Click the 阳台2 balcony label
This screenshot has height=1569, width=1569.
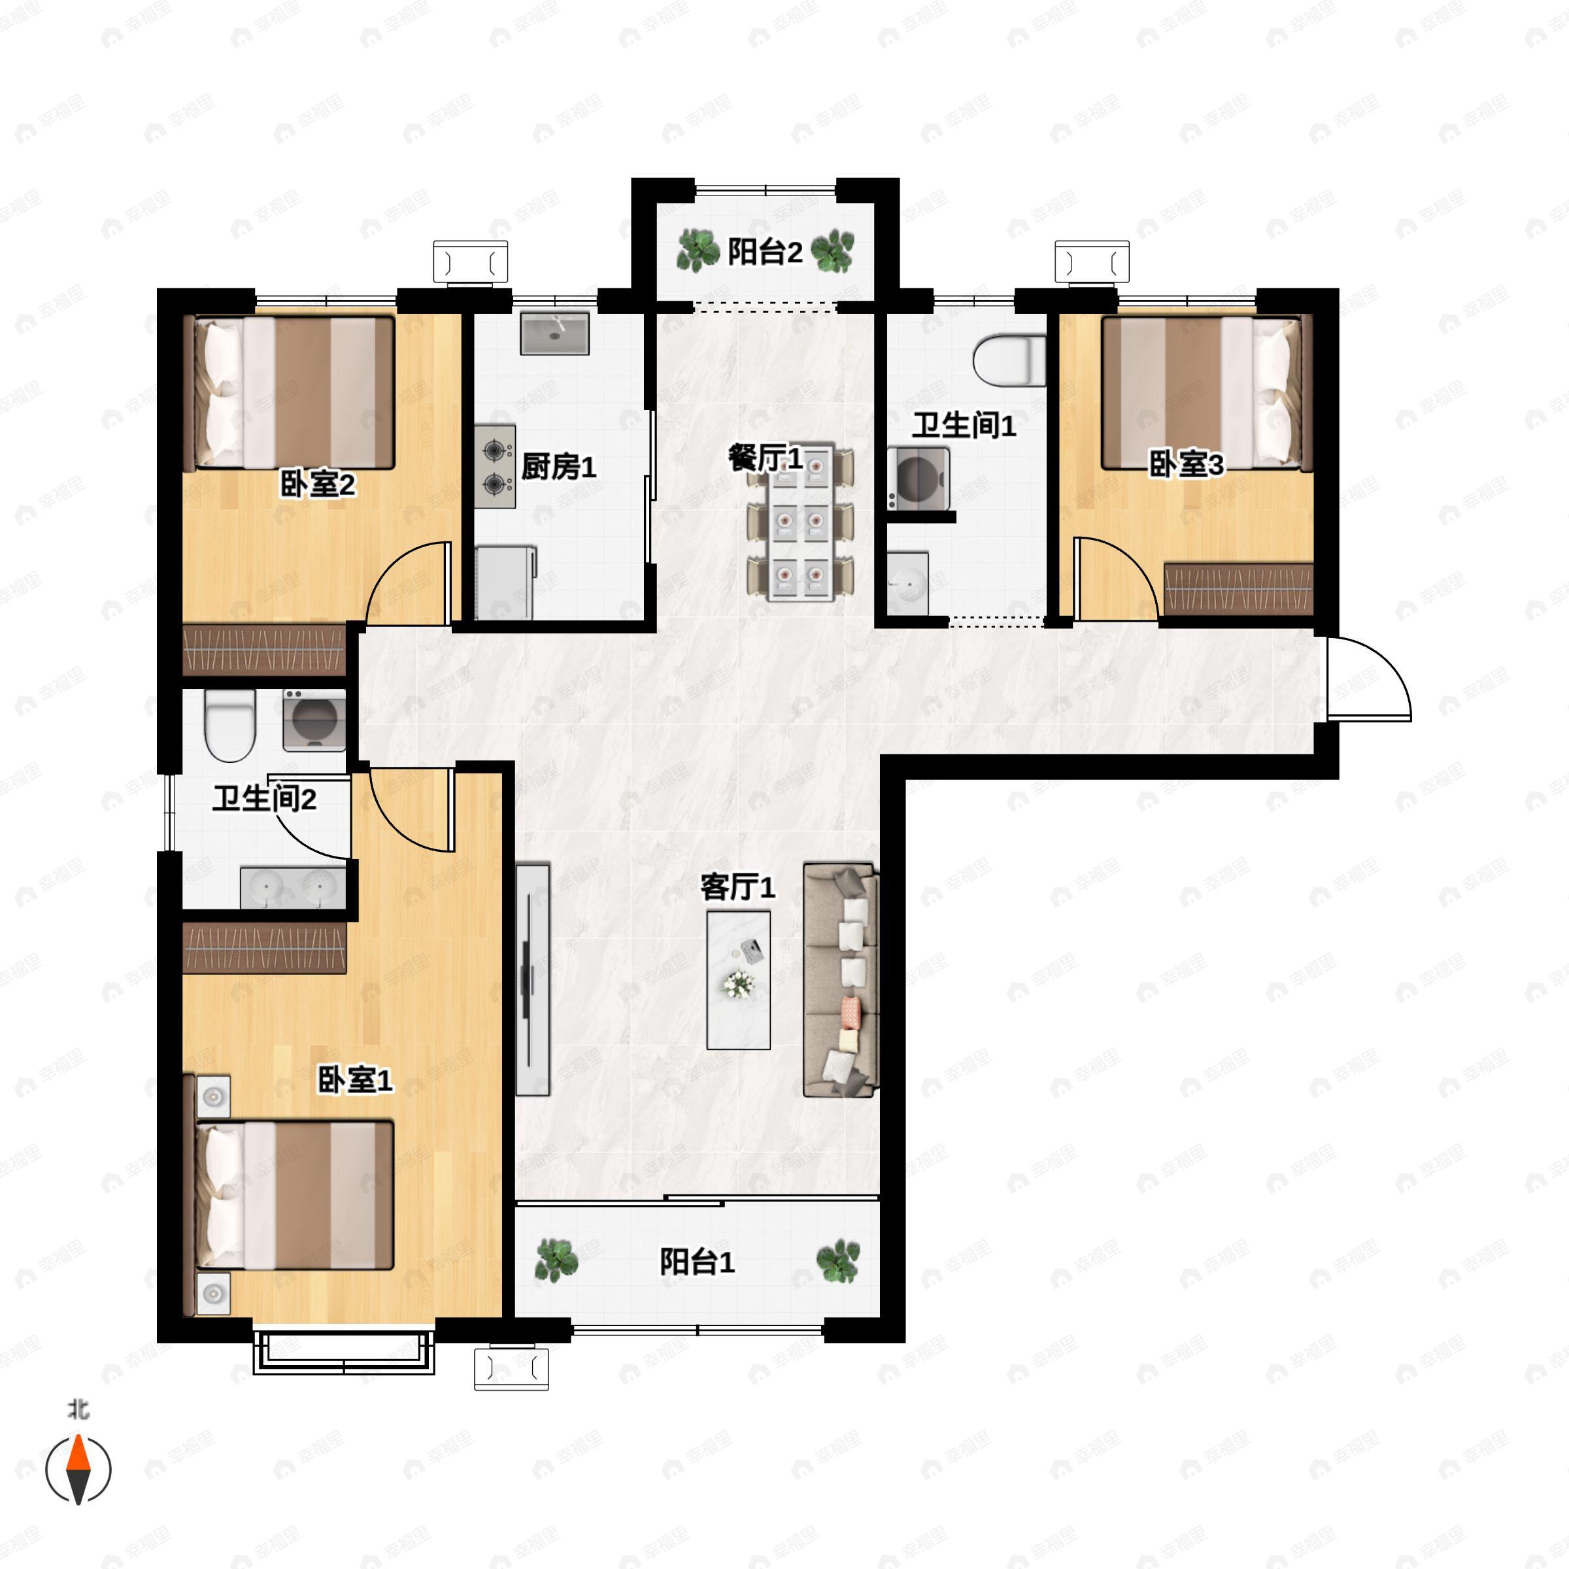764,252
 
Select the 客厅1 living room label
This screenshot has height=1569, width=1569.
737,887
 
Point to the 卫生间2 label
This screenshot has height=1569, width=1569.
265,798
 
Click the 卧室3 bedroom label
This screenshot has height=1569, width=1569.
1186,465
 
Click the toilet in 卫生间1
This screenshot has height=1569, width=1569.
1009,361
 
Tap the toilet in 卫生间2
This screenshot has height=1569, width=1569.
231,725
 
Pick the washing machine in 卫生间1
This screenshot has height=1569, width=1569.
919,479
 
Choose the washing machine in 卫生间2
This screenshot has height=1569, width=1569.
314,720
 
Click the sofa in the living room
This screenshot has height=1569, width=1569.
841,980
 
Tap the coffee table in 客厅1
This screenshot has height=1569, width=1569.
738,979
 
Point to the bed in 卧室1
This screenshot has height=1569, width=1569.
295,1194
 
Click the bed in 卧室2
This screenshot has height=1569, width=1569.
295,393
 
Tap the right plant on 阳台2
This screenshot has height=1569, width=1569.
832,251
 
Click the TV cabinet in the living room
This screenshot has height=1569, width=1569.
533,979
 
